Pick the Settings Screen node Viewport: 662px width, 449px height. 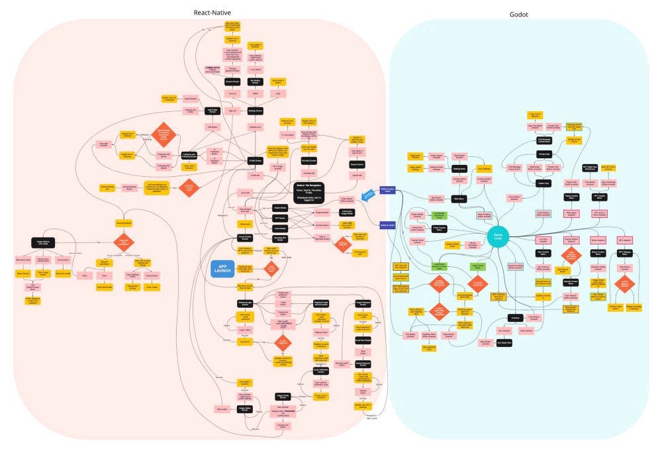(x=256, y=111)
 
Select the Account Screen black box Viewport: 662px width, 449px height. (x=232, y=81)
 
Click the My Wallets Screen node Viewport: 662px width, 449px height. (x=256, y=81)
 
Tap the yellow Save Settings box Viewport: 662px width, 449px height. (x=484, y=169)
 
